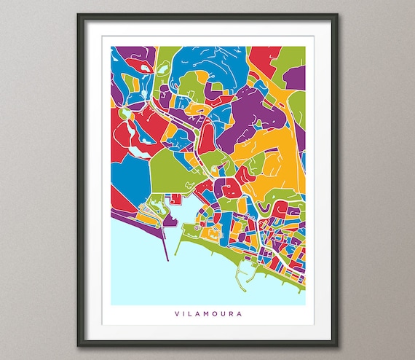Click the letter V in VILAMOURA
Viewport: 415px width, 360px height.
176,315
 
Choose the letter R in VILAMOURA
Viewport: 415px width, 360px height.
231,315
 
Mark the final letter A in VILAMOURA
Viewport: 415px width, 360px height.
240,315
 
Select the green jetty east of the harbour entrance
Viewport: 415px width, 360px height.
183,232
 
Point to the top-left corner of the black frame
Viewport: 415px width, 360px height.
77,16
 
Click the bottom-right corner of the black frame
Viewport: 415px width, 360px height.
337,343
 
